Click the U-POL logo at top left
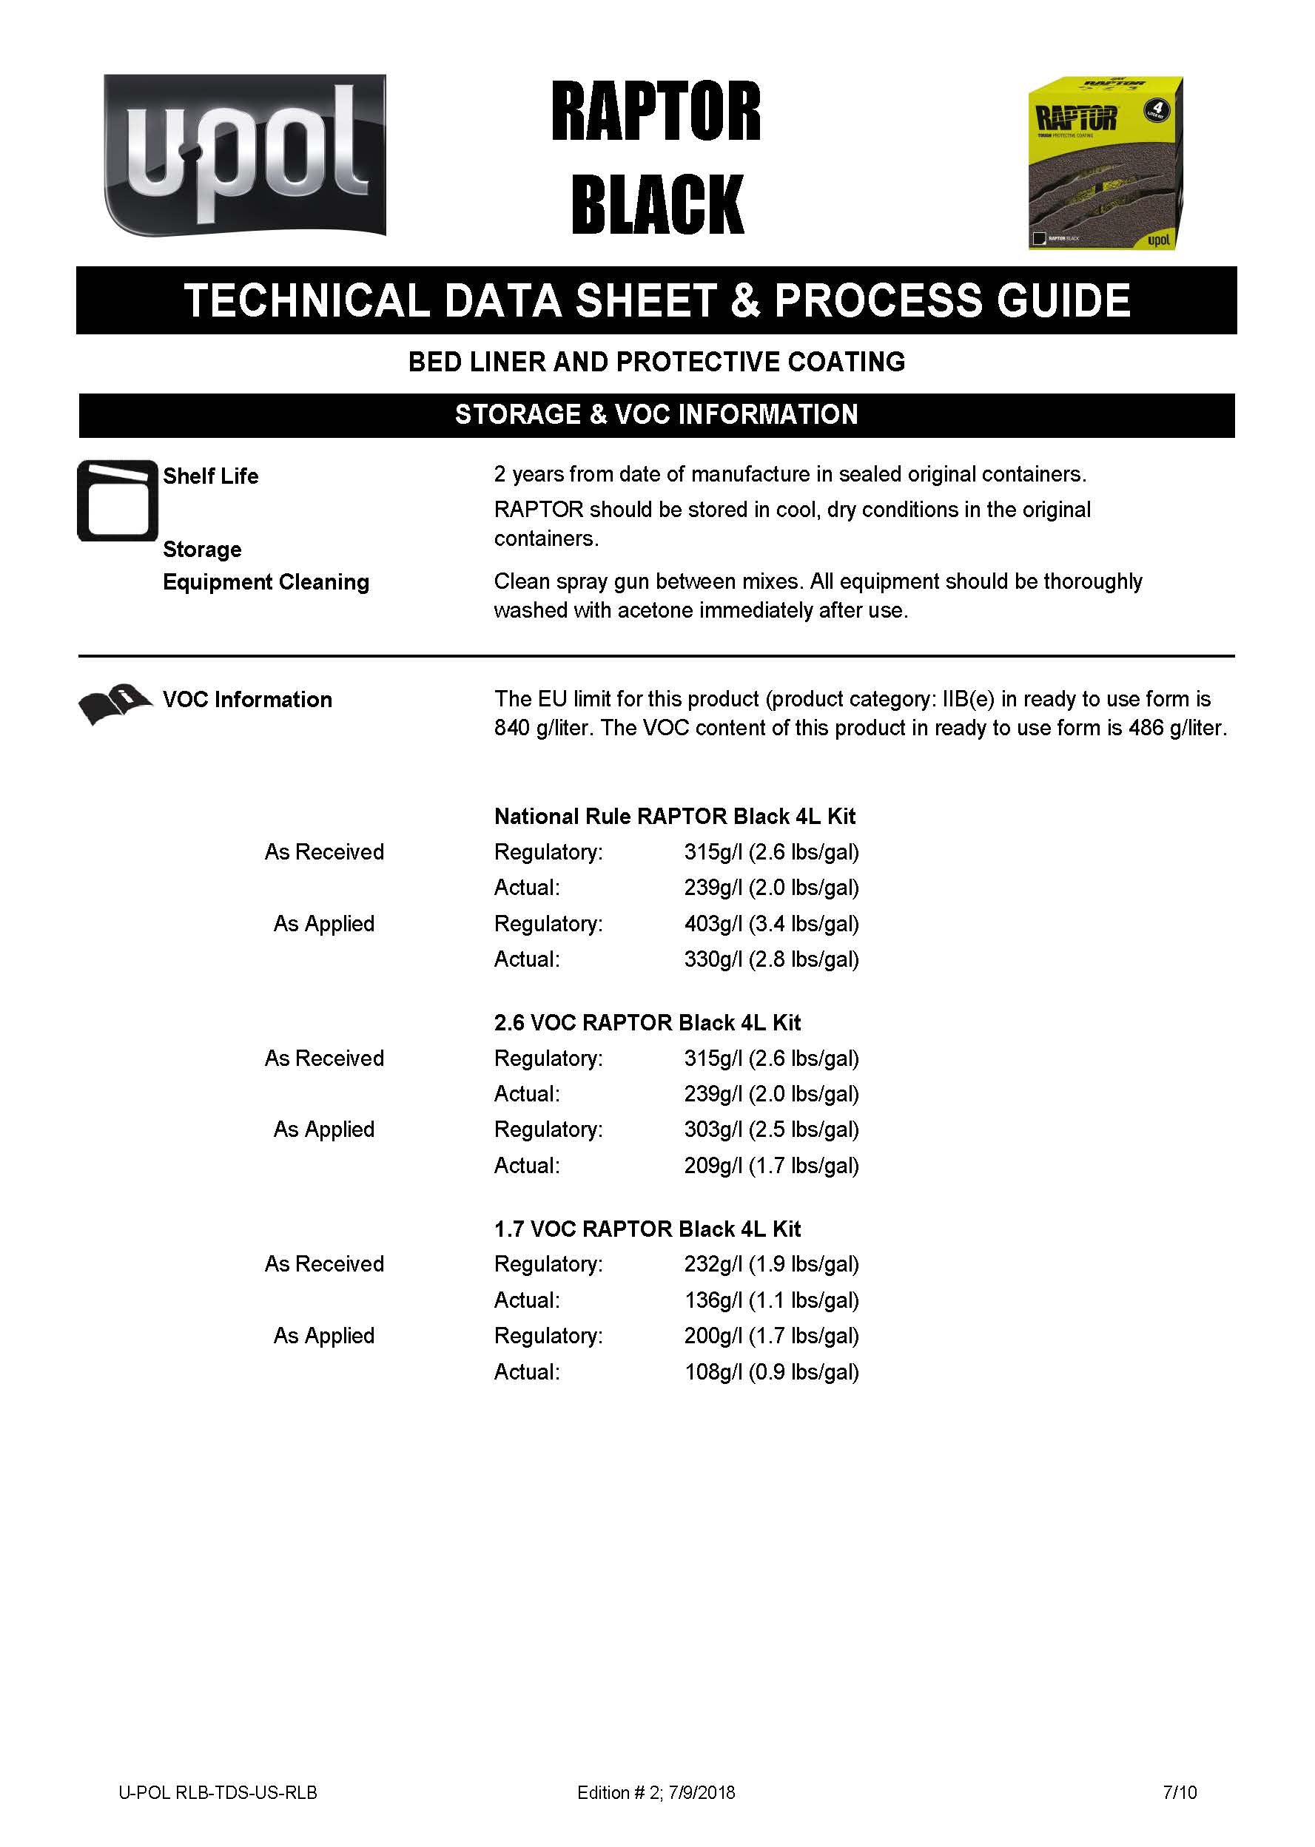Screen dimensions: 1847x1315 [x=244, y=155]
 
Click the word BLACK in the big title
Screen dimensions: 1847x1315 [x=656, y=204]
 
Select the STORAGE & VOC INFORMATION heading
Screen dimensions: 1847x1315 [x=656, y=415]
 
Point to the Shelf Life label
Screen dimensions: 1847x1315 [x=210, y=476]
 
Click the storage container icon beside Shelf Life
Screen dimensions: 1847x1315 [x=118, y=500]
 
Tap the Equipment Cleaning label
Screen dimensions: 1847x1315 [x=266, y=582]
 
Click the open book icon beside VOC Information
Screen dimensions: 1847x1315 [x=114, y=703]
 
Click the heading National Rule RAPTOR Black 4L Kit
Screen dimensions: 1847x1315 [x=674, y=816]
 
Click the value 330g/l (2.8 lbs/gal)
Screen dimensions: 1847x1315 [x=771, y=959]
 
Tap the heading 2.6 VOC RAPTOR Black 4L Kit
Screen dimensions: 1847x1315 [x=647, y=1022]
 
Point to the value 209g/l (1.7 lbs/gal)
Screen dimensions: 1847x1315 [x=771, y=1166]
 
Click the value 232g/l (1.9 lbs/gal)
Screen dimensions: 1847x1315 [x=771, y=1263]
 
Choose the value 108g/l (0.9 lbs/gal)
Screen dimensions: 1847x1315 [x=771, y=1372]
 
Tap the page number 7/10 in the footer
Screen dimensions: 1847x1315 [x=1179, y=1792]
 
